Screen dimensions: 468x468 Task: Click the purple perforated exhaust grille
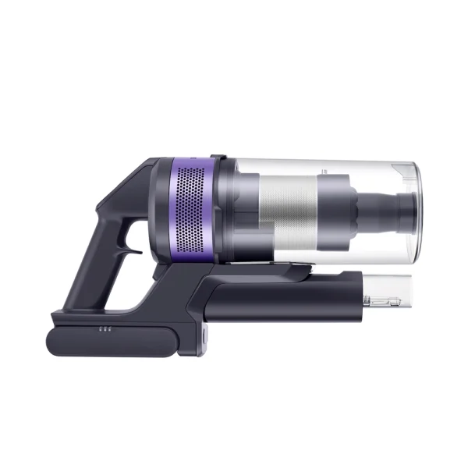(191, 211)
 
